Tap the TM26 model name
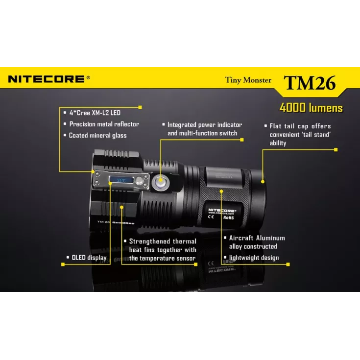tap(310, 82)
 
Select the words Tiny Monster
tap(248, 80)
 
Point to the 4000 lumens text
tap(311, 108)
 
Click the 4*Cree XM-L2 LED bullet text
tap(95, 113)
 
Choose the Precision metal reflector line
tap(104, 124)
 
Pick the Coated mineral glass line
tap(97, 136)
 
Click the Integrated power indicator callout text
tap(205, 129)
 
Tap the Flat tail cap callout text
tap(300, 134)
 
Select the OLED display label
tap(89, 258)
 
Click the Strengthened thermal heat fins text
tap(162, 249)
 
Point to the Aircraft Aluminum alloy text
tap(257, 242)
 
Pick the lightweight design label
tap(254, 258)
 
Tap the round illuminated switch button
tap(160, 183)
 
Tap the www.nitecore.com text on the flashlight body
tap(220, 214)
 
